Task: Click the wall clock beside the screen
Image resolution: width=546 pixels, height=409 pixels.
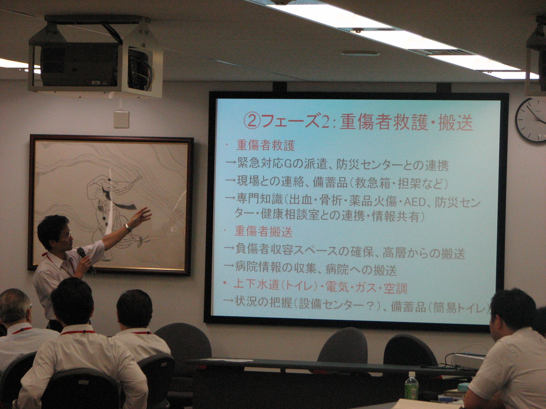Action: [x=531, y=120]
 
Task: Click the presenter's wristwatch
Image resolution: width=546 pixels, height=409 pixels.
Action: [x=128, y=227]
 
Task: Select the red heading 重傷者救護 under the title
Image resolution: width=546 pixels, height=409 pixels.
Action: [x=265, y=146]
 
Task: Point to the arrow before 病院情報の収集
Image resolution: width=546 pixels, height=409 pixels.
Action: [x=229, y=267]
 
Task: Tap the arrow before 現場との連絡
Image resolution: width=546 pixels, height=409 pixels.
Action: [x=230, y=181]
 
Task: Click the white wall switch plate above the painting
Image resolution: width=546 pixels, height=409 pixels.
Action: [x=121, y=119]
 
